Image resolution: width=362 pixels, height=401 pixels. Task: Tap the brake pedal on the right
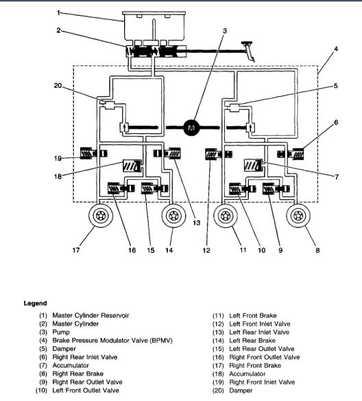[x=248, y=47]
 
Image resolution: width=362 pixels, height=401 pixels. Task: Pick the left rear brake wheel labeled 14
[x=175, y=218]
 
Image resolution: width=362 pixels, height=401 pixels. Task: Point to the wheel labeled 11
[x=226, y=218]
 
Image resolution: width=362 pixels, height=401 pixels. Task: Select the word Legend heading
[x=36, y=303]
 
